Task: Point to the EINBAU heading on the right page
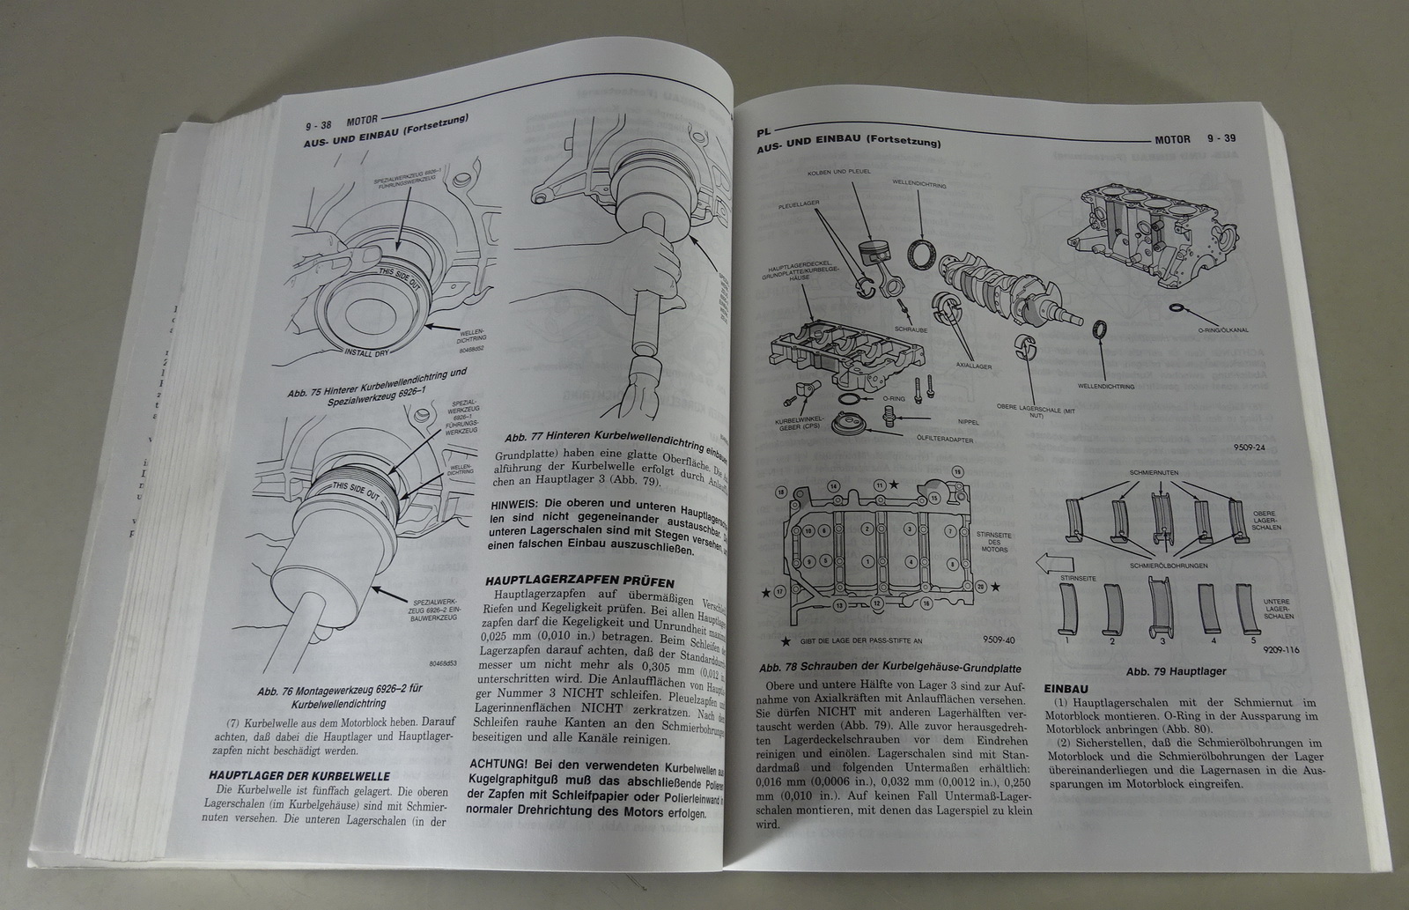tap(1066, 689)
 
